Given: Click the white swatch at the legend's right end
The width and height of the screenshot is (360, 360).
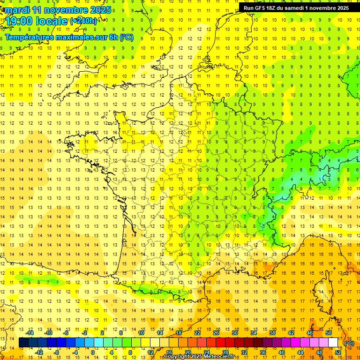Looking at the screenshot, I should (x=333, y=343).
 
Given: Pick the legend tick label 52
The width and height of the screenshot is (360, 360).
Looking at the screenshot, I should (x=337, y=352).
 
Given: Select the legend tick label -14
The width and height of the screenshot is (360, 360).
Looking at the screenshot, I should (x=30, y=333).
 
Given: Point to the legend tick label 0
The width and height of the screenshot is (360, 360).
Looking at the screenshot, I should (x=92, y=352).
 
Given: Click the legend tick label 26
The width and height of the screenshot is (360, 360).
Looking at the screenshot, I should (x=216, y=333).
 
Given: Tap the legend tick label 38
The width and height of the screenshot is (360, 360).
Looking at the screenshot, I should (x=272, y=333).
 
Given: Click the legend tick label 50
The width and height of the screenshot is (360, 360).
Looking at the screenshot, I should (x=329, y=333).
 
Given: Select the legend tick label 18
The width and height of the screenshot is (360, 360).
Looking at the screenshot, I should (x=179, y=333).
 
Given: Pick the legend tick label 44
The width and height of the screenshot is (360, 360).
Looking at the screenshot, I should (x=300, y=352).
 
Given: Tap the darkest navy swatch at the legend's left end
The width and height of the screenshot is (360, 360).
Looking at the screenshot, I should (x=23, y=343).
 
